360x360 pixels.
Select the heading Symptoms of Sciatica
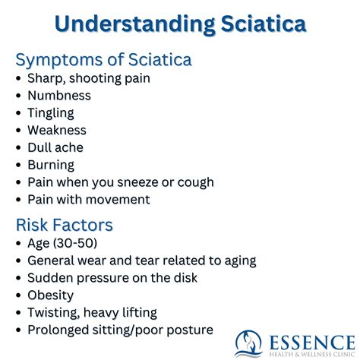click(103, 59)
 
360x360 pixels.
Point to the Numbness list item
click(58, 96)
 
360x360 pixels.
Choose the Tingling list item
click(51, 113)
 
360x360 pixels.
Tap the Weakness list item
click(57, 131)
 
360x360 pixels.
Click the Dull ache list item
click(55, 147)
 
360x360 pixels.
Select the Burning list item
click(51, 165)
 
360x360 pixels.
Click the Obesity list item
click(51, 295)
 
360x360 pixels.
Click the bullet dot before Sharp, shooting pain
click(19, 79)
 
